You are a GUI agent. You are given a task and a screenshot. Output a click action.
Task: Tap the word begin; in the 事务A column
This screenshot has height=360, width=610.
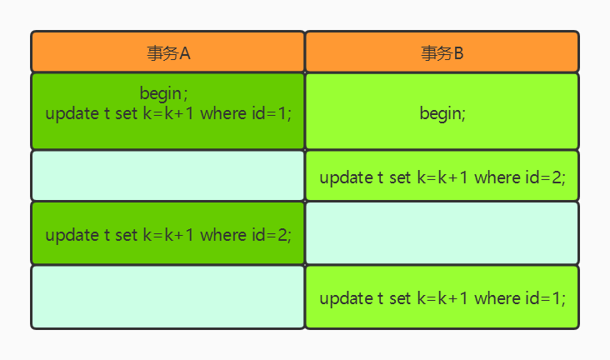click(163, 94)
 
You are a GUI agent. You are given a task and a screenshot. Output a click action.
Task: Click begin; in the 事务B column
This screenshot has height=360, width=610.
click(442, 114)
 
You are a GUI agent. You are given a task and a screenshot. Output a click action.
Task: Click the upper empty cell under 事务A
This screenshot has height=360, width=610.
click(167, 176)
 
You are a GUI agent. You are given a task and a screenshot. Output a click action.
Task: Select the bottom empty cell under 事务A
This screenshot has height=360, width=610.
click(167, 297)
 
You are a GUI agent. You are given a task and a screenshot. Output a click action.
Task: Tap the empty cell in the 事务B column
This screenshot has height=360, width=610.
click(442, 233)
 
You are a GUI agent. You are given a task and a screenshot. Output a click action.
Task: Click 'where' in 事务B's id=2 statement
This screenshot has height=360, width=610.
click(497, 177)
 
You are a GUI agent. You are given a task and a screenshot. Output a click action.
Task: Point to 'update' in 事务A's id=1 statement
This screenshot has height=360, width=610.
click(72, 114)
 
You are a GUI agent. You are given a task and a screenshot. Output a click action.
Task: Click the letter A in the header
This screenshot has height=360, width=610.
click(185, 53)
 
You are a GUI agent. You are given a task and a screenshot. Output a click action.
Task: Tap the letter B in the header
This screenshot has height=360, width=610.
click(458, 53)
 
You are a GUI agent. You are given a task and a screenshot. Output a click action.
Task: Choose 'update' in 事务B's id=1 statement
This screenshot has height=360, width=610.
click(346, 299)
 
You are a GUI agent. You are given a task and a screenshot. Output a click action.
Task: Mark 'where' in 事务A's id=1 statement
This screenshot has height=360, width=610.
click(223, 113)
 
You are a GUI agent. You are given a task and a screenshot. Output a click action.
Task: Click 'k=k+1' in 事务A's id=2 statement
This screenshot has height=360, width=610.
click(168, 235)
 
